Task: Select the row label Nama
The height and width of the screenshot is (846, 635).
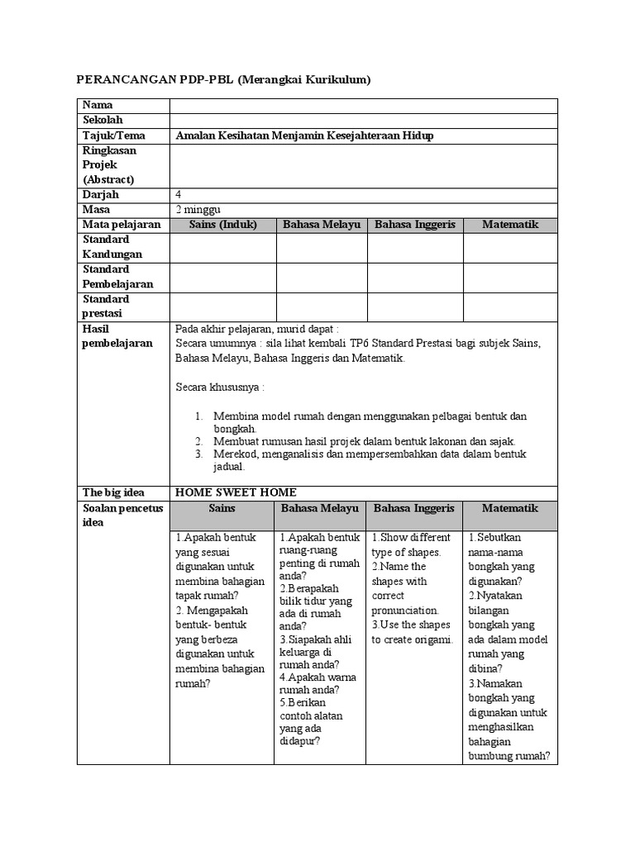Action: [x=98, y=106]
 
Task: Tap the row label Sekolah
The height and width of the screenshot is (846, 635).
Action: [x=103, y=121]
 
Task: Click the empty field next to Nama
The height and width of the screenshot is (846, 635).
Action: [x=363, y=106]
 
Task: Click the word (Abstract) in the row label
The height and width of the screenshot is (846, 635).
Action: [x=108, y=179]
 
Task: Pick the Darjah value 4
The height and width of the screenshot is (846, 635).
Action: [x=179, y=195]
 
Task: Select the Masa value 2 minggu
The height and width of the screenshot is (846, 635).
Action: [x=198, y=210]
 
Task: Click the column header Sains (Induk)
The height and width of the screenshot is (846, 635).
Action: [x=223, y=225]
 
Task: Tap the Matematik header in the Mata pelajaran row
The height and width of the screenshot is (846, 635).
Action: [x=510, y=225]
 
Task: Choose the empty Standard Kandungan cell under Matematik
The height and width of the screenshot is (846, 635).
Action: [x=510, y=247]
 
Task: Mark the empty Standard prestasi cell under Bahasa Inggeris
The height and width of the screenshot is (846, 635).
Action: [x=415, y=307]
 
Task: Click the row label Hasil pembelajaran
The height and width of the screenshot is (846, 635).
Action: [x=117, y=336]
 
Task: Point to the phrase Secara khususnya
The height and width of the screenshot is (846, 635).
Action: [x=220, y=387]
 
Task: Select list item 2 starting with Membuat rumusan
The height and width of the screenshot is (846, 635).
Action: [x=364, y=441]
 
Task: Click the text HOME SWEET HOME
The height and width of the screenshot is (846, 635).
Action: [x=236, y=492]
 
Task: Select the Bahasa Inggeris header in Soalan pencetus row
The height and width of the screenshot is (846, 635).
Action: [x=414, y=508]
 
